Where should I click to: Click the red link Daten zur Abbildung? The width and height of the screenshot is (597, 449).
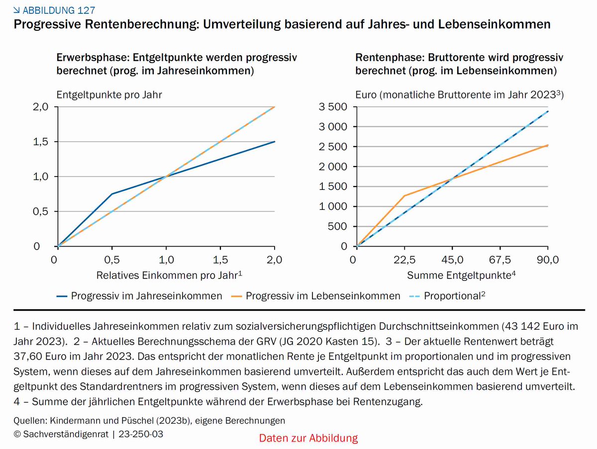tap(308, 438)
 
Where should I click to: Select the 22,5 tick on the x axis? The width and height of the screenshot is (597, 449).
tap(404, 259)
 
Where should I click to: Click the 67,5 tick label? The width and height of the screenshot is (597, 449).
tap(500, 259)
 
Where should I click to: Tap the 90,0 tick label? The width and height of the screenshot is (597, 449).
tap(547, 259)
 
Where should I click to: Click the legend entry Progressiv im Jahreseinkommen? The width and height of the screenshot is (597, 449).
tap(146, 296)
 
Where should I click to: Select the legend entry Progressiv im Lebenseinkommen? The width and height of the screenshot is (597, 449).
tap(323, 296)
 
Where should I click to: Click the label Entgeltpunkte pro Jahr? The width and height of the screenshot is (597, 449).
tap(109, 94)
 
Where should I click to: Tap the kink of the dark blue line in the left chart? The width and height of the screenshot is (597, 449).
tap(112, 194)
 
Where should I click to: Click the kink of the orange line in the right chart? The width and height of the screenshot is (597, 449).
tap(404, 195)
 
